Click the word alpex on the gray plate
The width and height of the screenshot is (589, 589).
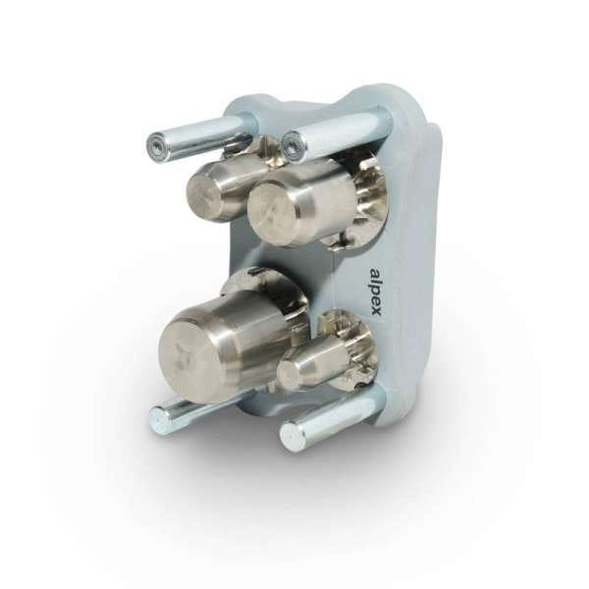click(376, 293)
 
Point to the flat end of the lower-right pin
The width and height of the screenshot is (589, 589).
click(292, 435)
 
